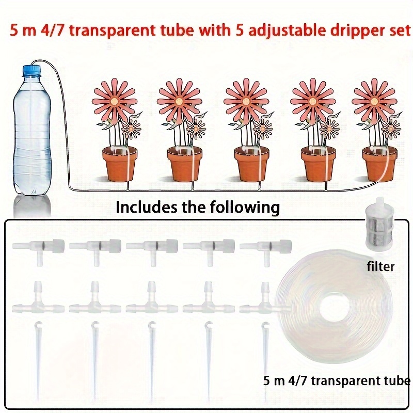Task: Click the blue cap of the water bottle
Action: click(x=32, y=71)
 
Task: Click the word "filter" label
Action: click(x=380, y=266)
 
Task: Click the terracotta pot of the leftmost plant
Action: click(x=119, y=164)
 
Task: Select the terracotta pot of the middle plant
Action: click(x=251, y=164)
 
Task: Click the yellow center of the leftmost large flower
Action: click(x=114, y=101)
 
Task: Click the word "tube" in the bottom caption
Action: click(x=397, y=380)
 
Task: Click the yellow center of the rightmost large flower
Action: click(x=374, y=101)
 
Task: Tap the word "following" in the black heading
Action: click(x=244, y=208)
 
